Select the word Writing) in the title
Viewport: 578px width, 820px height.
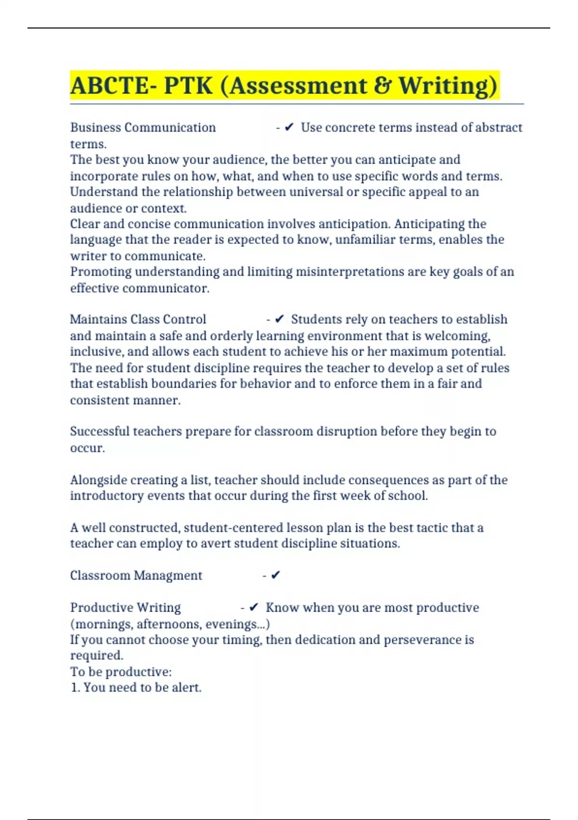[x=448, y=86]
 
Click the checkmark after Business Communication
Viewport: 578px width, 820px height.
[x=289, y=127]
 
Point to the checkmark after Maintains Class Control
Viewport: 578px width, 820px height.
[x=279, y=319]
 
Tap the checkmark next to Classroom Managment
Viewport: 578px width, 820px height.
[x=276, y=575]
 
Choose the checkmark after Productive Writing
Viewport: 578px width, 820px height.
[x=254, y=608]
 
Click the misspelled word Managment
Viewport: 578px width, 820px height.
[x=168, y=575]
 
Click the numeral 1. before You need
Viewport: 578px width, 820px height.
[x=75, y=687]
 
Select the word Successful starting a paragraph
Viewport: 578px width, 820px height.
[x=100, y=431]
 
